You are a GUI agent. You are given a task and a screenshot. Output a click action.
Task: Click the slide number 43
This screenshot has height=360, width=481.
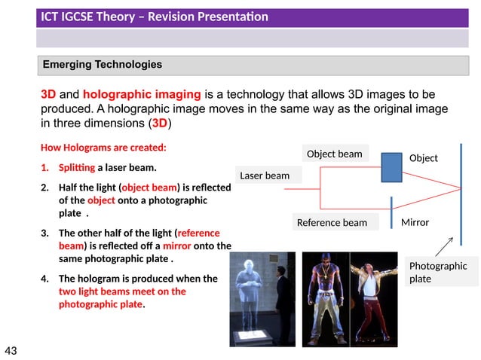tap(11, 350)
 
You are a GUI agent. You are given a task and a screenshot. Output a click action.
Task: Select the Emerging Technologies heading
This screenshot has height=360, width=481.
tap(102, 65)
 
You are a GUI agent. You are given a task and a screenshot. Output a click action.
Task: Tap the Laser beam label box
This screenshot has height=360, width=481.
tap(264, 175)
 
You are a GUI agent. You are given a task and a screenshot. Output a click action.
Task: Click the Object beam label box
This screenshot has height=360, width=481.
tap(334, 154)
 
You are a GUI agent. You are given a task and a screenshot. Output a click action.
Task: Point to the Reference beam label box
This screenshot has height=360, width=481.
tap(332, 222)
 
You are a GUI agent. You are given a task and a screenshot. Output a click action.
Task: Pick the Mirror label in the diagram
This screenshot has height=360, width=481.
tap(415, 222)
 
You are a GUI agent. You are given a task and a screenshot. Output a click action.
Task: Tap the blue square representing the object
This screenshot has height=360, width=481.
tap(391, 167)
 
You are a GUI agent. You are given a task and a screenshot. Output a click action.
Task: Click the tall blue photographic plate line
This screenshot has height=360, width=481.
tap(460, 192)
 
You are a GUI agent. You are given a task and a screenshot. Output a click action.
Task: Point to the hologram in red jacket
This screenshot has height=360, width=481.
tap(374, 297)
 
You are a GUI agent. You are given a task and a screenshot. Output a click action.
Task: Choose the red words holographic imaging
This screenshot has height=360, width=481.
tap(142, 95)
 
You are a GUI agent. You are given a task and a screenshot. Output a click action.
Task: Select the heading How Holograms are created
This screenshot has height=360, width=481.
tap(103, 148)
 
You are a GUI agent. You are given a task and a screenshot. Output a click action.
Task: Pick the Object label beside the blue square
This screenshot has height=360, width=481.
tap(423, 158)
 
